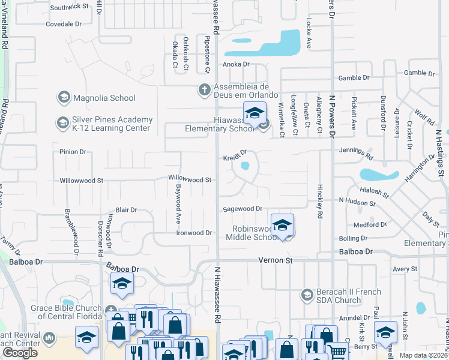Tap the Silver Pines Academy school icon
click(62, 124)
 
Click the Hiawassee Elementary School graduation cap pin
click(255, 113)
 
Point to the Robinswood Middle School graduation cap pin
click(282, 226)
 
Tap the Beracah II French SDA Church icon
click(307, 295)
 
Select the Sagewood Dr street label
click(243, 209)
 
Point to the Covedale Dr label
click(64, 25)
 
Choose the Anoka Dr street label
click(236, 64)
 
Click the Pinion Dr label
click(73, 152)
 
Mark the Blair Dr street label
click(126, 210)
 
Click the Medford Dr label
click(370, 225)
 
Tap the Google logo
click(20, 352)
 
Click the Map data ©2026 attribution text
click(424, 355)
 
